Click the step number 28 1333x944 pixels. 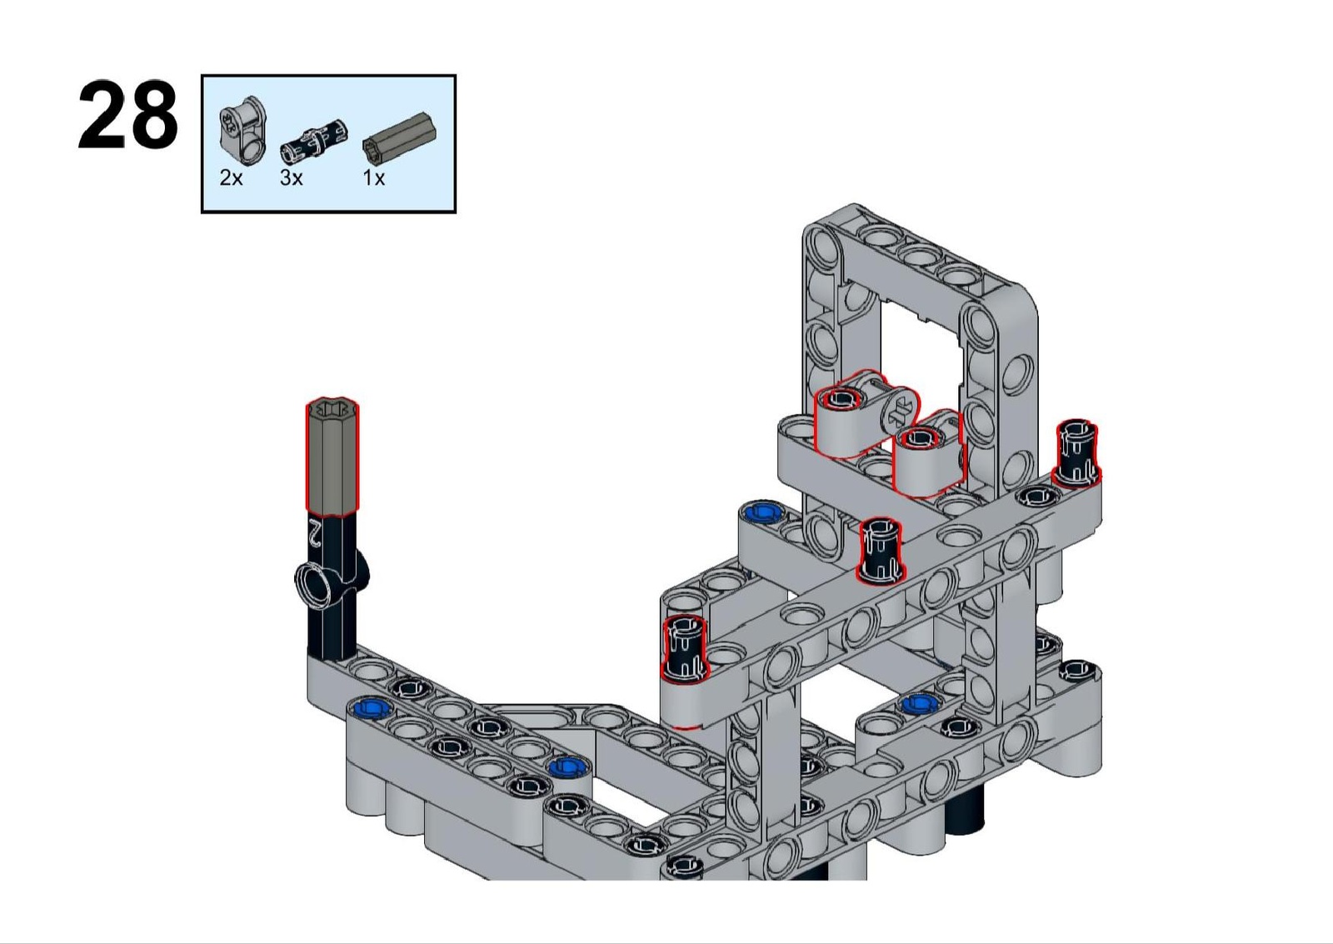pos(128,115)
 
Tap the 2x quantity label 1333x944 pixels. pos(231,177)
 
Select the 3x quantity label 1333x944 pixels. pos(291,177)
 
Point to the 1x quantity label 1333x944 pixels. pos(374,177)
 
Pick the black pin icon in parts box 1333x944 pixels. pos(315,142)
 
